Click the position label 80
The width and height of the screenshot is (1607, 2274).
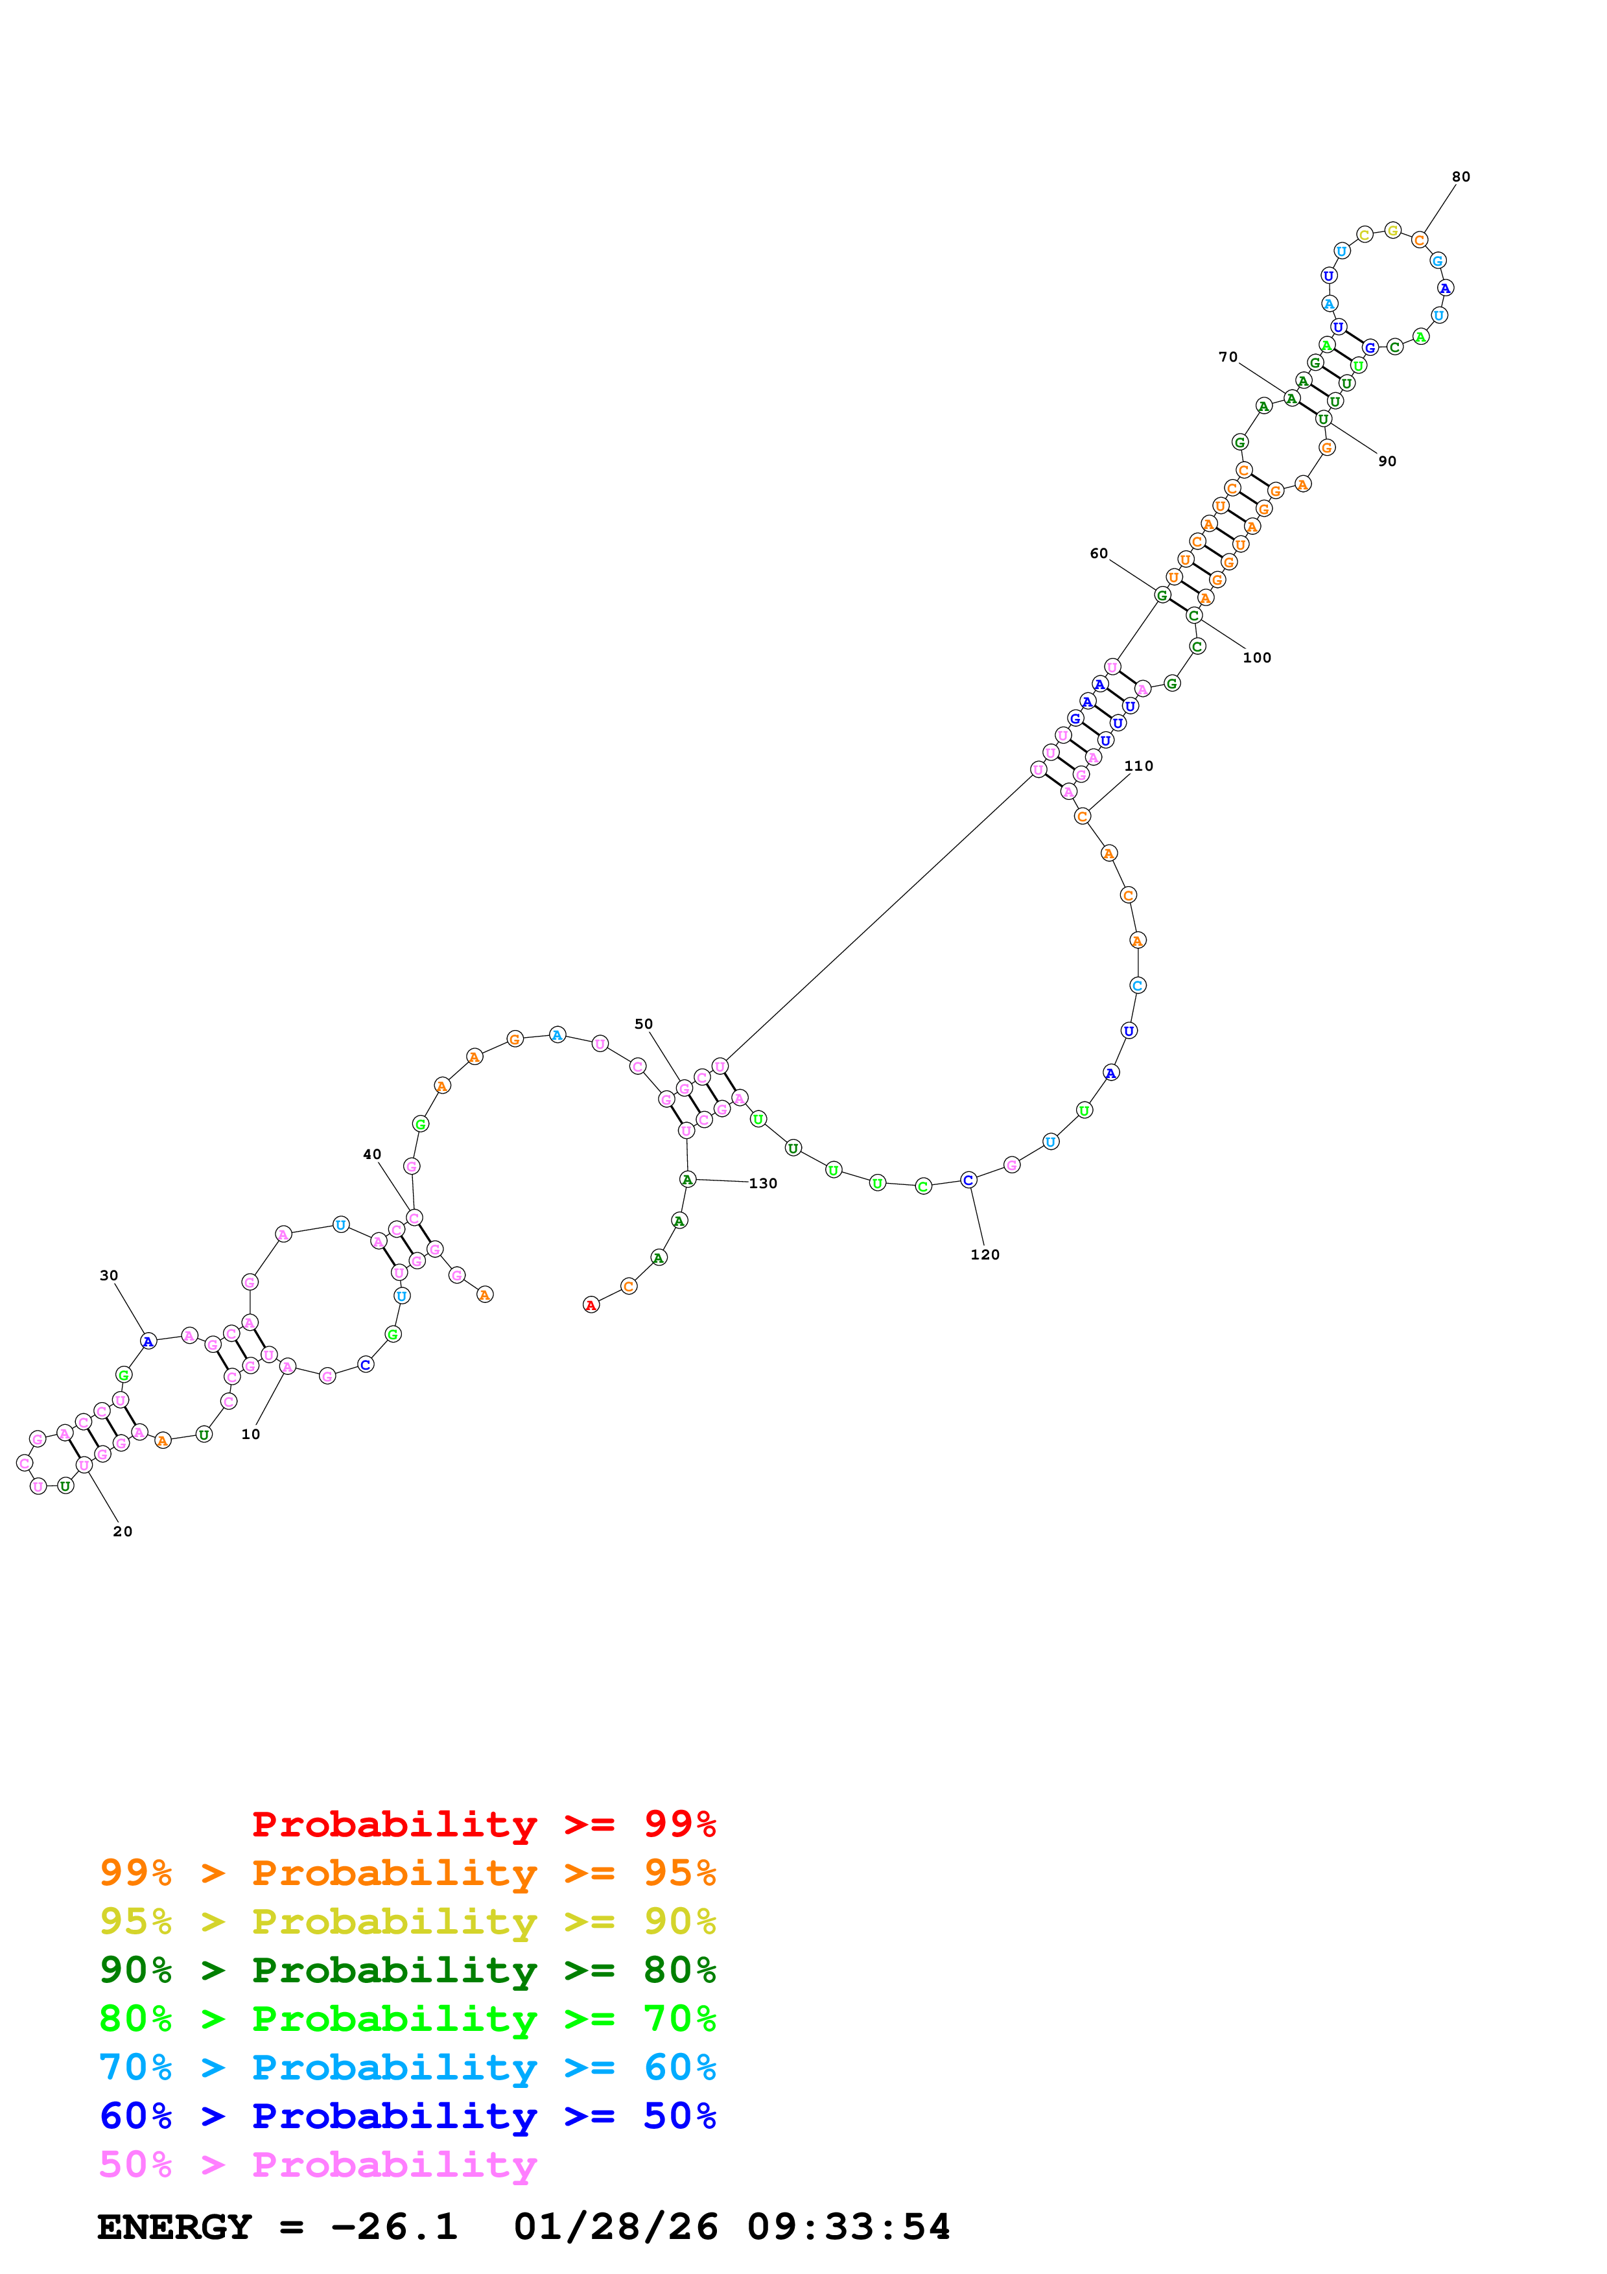coord(1460,177)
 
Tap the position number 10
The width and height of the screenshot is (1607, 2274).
coord(250,1434)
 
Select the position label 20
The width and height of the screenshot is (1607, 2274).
coord(123,1531)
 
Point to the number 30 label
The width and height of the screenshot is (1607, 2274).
coord(109,1276)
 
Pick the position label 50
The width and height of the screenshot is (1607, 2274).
coord(644,1024)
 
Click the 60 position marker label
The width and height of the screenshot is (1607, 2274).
coord(1099,554)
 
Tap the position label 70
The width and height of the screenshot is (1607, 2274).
coord(1228,358)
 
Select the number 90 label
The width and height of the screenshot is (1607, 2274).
coord(1387,462)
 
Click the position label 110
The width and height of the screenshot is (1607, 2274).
coord(1139,766)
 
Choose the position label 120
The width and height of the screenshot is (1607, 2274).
coord(985,1255)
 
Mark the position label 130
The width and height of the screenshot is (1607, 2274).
coord(764,1184)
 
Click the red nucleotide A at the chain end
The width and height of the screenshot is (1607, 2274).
coord(591,1306)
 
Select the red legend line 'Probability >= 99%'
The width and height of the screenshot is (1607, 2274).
coord(483,1823)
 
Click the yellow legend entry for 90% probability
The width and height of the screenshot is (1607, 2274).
coord(407,1921)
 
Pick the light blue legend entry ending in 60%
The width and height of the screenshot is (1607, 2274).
coord(407,2067)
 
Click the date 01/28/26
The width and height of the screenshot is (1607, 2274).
coord(616,2227)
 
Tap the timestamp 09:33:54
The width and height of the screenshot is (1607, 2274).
coord(849,2227)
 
